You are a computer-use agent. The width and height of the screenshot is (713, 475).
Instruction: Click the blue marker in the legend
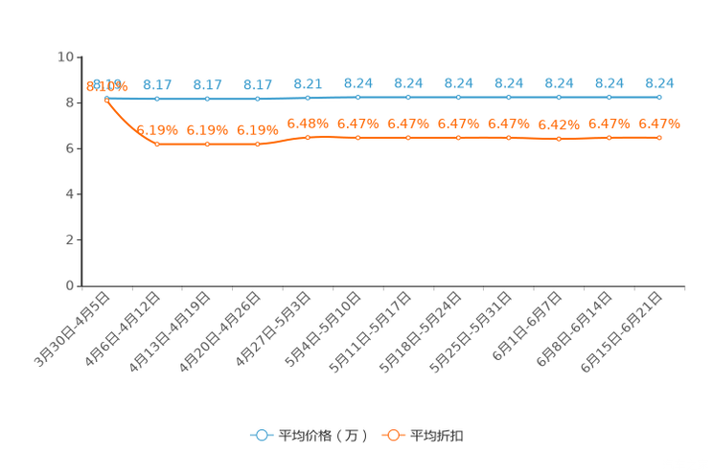(260, 436)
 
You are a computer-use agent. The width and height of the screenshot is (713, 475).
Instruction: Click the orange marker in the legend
(393, 436)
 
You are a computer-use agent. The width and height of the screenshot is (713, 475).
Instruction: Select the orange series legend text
(439, 436)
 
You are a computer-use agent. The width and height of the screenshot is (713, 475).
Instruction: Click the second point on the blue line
(157, 98)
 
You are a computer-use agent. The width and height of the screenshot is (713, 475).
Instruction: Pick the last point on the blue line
(659, 97)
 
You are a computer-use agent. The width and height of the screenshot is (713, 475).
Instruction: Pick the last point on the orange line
(659, 138)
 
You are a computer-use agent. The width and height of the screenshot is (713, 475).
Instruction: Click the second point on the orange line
(157, 145)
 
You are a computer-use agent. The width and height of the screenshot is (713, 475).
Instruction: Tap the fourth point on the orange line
(257, 145)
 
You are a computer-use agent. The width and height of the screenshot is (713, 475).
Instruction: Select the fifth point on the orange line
(308, 138)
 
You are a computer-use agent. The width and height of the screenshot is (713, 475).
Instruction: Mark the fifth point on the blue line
(308, 97)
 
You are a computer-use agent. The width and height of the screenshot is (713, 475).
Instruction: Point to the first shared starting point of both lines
(107, 98)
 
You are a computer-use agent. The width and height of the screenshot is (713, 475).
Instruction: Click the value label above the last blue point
(659, 83)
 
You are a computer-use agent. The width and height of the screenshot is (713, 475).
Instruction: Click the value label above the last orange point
(659, 124)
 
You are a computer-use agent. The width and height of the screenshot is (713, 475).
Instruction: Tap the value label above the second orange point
(157, 130)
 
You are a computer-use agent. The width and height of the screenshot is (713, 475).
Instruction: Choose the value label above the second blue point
(157, 84)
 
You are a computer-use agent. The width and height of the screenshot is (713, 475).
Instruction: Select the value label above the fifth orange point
(308, 124)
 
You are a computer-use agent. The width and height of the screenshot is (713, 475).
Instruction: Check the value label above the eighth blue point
(459, 83)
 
